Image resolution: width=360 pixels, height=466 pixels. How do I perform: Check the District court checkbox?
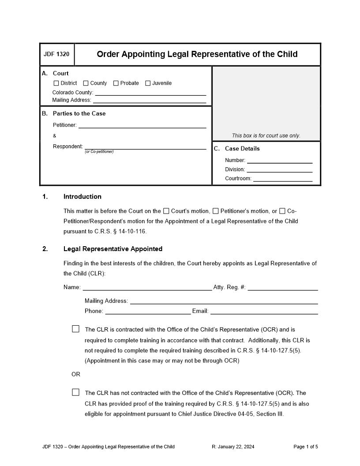pyautogui.click(x=56, y=83)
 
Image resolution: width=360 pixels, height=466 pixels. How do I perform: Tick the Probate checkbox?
pyautogui.click(x=116, y=83)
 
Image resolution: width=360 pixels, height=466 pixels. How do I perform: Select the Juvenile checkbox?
pyautogui.click(x=148, y=83)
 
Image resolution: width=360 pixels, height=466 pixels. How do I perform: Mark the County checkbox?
pyautogui.click(x=86, y=83)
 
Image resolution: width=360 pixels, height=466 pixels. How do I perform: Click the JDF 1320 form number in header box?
pyautogui.click(x=56, y=55)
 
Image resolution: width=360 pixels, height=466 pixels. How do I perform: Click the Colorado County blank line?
pyautogui.click(x=150, y=93)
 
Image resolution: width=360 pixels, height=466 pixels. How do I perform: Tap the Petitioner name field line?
pyautogui.click(x=142, y=125)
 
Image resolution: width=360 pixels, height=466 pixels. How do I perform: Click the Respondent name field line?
pyautogui.click(x=145, y=147)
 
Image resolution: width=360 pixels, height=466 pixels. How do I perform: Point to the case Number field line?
pyautogui.click(x=279, y=161)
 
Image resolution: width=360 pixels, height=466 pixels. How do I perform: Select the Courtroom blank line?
pyautogui.click(x=282, y=179)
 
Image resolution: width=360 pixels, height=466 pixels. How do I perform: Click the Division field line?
pyautogui.click(x=279, y=170)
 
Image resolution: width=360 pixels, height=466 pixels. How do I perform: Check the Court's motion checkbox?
pyautogui.click(x=166, y=211)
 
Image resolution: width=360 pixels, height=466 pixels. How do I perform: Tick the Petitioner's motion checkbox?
pyautogui.click(x=215, y=211)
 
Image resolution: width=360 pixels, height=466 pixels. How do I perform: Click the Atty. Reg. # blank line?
pyautogui.click(x=282, y=288)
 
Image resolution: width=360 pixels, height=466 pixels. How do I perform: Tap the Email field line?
pyautogui.click(x=264, y=312)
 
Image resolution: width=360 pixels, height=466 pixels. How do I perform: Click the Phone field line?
pyautogui.click(x=148, y=312)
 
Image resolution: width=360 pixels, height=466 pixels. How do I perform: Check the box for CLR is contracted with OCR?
pyautogui.click(x=76, y=329)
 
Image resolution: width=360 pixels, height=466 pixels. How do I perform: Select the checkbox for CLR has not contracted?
pyautogui.click(x=76, y=392)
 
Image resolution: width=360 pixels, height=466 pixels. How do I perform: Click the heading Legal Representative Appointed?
pyautogui.click(x=113, y=249)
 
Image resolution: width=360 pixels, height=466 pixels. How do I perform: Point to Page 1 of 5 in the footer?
pyautogui.click(x=305, y=447)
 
